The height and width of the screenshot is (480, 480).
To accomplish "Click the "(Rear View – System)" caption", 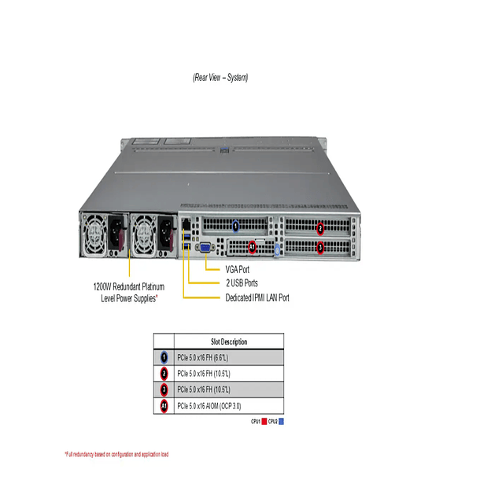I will (220, 77).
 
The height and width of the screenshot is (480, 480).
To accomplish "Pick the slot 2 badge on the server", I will (319, 229).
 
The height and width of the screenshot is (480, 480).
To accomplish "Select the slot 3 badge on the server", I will (319, 247).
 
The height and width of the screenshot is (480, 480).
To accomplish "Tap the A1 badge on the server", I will (253, 247).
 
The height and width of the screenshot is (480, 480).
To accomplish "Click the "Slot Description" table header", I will (229, 342).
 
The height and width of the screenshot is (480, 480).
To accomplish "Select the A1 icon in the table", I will (164, 406).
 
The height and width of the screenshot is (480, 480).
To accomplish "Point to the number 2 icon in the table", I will (164, 373).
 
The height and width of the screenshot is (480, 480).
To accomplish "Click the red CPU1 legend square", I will (264, 423).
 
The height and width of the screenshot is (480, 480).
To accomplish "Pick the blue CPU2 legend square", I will (282, 423).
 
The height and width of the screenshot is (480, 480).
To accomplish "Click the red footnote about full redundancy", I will (116, 455).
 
